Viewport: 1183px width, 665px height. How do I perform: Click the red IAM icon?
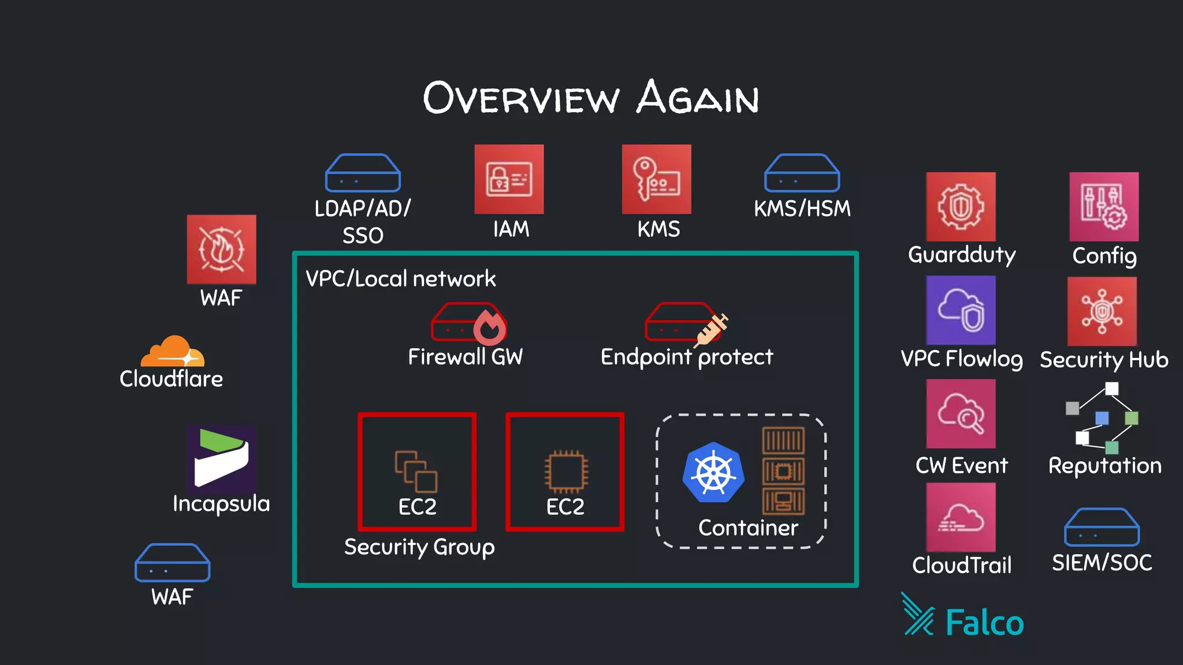click(509, 179)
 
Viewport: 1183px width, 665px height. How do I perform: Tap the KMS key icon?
click(656, 179)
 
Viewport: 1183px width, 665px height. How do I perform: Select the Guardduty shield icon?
click(961, 207)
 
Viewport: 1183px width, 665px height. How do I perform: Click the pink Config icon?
click(1104, 207)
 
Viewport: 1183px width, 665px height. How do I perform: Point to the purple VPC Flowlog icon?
click(961, 310)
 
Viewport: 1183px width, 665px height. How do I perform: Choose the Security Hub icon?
click(1102, 311)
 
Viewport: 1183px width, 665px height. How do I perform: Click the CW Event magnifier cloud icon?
click(961, 413)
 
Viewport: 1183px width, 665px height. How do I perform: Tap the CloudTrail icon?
click(961, 517)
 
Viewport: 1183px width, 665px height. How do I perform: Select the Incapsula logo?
click(221, 458)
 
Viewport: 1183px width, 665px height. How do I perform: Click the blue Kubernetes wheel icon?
click(713, 472)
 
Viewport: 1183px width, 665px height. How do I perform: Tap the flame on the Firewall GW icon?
click(490, 327)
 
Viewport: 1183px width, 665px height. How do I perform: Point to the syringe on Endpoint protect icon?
click(712, 329)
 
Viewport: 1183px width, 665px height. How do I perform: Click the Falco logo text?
click(984, 623)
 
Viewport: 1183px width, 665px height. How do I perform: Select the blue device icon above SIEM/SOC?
click(1102, 527)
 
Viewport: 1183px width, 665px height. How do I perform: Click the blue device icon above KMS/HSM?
click(802, 173)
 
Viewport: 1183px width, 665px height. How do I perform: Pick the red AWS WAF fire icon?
click(221, 249)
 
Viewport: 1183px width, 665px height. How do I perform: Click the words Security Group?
click(419, 547)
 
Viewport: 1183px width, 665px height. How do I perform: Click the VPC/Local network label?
click(400, 279)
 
